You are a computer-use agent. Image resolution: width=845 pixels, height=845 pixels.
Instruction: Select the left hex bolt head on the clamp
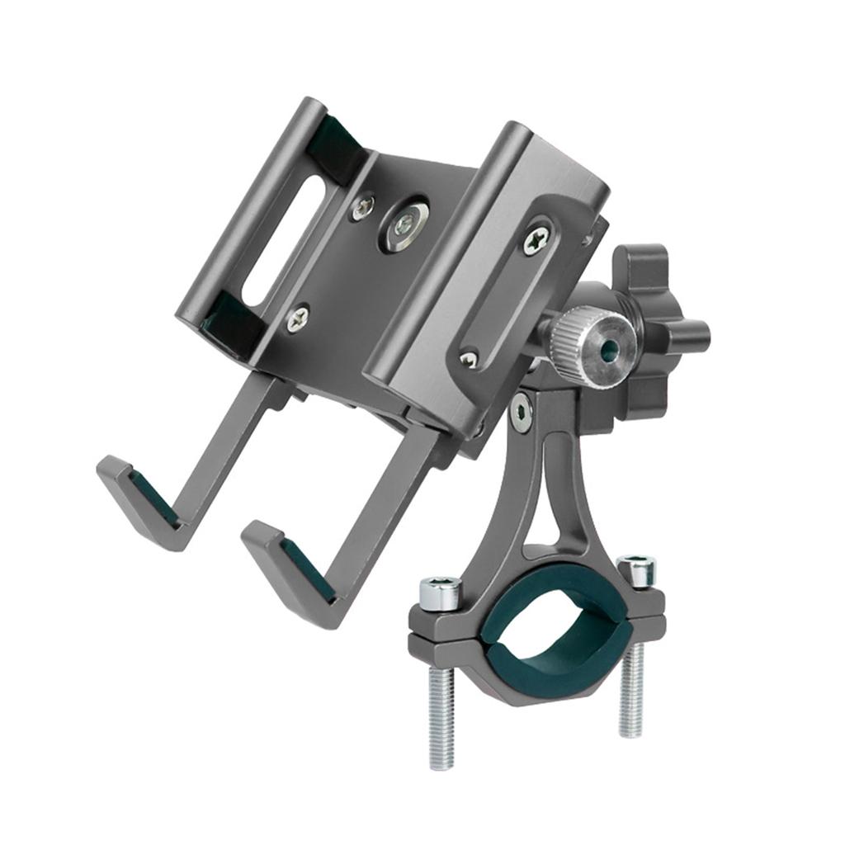coord(439,592)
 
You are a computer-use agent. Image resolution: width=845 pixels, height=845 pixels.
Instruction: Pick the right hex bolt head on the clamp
coord(635,569)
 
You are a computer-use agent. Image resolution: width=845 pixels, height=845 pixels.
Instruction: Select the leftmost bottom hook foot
coord(140,499)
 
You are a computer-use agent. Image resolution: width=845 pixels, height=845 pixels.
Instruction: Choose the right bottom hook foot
coord(289,569)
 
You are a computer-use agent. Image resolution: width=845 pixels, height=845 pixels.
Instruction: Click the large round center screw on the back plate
coord(404,223)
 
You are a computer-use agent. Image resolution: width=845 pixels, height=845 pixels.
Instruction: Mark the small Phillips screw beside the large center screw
coord(363,208)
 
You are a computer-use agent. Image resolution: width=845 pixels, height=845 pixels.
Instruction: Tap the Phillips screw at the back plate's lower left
coord(298,317)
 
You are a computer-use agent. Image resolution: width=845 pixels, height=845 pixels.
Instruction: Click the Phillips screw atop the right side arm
coord(536,240)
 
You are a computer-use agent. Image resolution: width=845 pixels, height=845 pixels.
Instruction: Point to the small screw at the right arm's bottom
coord(469,359)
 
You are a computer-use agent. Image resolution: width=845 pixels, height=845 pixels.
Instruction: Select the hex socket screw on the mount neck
coord(521,412)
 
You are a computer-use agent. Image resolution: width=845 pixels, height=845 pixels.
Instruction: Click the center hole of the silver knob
coord(609,350)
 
